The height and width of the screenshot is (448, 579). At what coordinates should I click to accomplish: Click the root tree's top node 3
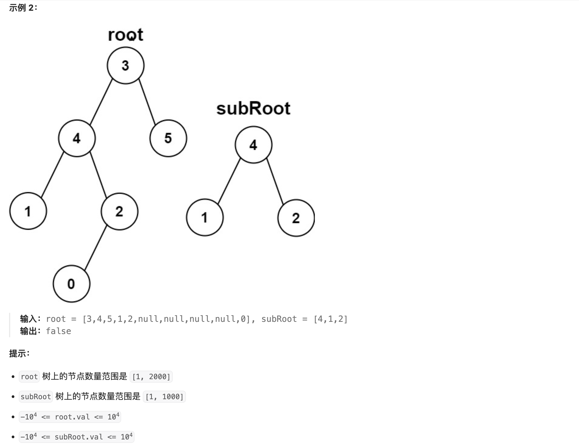(125, 65)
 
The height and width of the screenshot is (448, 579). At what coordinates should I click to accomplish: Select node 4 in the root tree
(77, 138)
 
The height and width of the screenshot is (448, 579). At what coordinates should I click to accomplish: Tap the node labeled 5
(168, 138)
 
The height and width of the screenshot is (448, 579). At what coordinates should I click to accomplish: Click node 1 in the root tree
(28, 211)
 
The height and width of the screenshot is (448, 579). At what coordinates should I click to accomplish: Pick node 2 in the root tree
(119, 211)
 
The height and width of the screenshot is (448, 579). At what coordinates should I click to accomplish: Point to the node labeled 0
(71, 284)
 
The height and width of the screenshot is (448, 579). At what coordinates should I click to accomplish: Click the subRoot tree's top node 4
(253, 145)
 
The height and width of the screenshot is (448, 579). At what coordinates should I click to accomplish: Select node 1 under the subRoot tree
(205, 217)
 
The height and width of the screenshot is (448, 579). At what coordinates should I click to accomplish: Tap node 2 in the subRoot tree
(296, 218)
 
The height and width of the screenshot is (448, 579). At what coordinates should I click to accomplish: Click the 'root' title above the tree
(125, 35)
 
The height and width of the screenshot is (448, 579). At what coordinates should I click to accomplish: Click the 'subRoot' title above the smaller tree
(253, 109)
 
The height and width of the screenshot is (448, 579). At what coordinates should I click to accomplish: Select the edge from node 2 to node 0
(96, 248)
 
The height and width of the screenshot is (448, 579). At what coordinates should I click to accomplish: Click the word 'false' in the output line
(58, 331)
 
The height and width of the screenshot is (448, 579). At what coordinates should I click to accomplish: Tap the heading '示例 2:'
(23, 8)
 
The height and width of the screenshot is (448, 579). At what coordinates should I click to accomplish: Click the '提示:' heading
(19, 354)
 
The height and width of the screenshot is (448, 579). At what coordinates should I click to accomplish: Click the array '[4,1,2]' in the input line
(330, 319)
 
